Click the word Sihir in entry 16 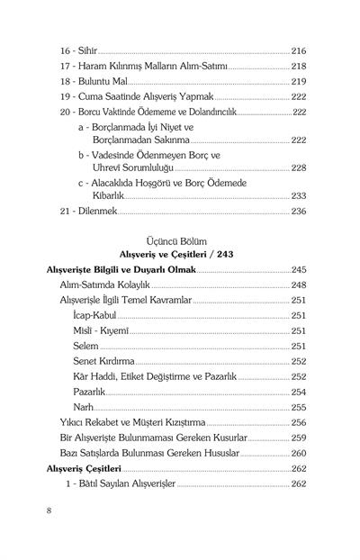pyautogui.click(x=88, y=51)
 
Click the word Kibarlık pyautogui.click(x=114, y=196)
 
